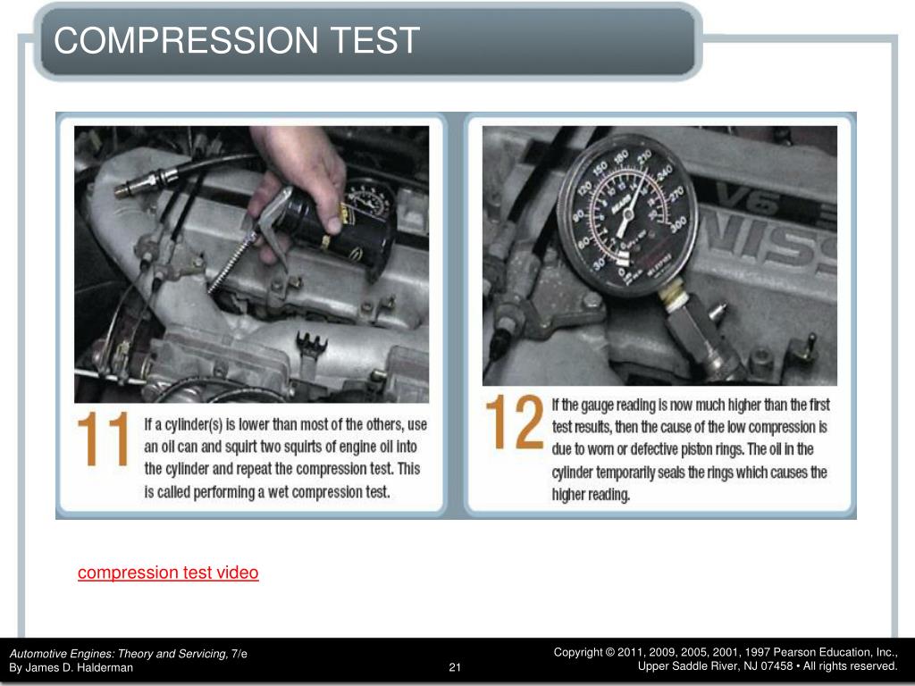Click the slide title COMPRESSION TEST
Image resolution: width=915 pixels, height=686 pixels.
click(x=236, y=41)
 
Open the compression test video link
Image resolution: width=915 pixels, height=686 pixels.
click(x=168, y=573)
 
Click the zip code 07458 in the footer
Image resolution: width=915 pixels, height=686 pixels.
click(x=776, y=666)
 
